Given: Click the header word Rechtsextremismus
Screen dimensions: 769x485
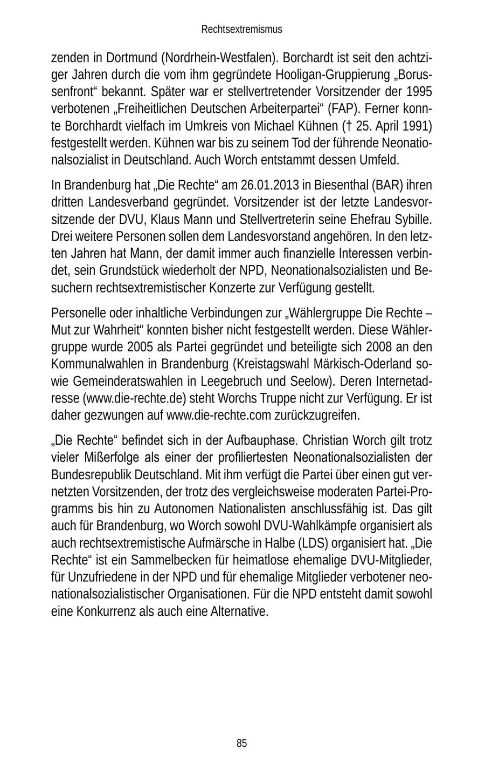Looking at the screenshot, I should click(x=241, y=29).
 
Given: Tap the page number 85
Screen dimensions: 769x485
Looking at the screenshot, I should click(x=241, y=744).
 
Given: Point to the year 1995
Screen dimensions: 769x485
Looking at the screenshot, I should click(x=419, y=91).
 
